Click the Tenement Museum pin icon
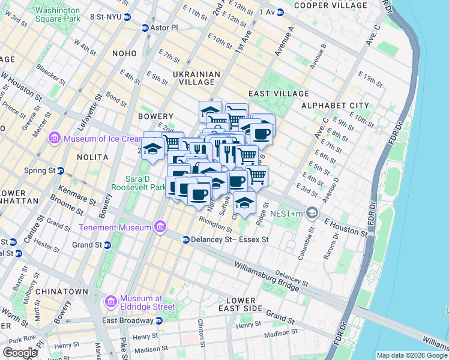coord(160,227)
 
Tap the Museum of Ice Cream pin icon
coord(55,139)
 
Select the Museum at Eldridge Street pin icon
coord(110,302)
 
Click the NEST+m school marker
coord(312,212)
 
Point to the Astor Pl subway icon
coord(145,28)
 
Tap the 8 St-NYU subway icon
coord(127,17)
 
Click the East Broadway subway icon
coord(158,320)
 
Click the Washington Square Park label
coord(57,15)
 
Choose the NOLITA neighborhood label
coord(92,157)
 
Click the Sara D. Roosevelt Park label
coord(145,183)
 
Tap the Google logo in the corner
coord(20,352)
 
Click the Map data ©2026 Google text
coord(411,355)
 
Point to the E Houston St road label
coord(346,226)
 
